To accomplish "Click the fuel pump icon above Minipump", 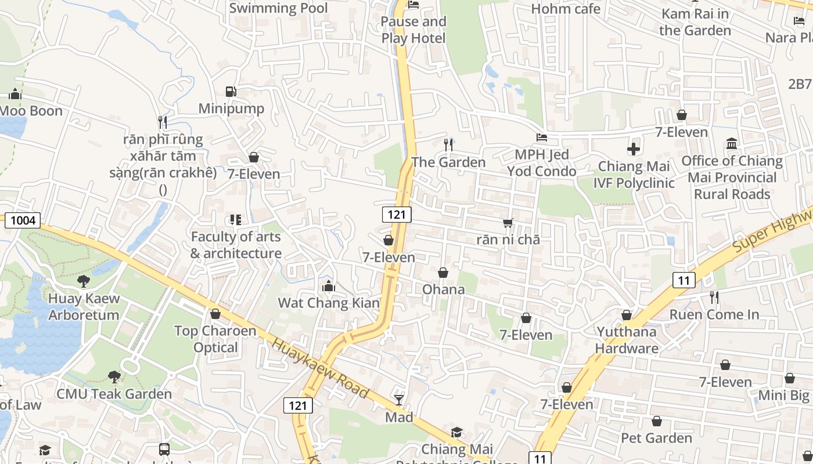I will (x=231, y=92).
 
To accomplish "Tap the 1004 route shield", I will (x=23, y=220).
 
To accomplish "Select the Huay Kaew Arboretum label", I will (x=84, y=307).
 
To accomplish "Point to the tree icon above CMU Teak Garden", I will (x=114, y=377).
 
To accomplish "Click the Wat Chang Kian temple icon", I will (x=328, y=286).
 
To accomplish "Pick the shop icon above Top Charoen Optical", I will (x=215, y=314).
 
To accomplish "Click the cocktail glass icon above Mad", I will (x=399, y=400).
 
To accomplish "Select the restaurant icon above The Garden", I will (x=448, y=144).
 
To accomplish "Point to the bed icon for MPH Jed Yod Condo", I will (x=541, y=137).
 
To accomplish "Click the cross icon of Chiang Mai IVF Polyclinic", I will (x=634, y=149).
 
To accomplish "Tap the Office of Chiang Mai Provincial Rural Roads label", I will (x=732, y=177).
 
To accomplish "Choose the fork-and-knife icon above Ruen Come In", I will (x=714, y=298).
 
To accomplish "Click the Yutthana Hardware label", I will (x=627, y=340).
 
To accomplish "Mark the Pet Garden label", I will (x=656, y=437).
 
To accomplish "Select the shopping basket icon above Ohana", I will (x=443, y=273).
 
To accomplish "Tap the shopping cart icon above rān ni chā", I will (x=508, y=223).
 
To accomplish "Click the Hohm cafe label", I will (x=566, y=9).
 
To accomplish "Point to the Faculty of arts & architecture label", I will (x=236, y=245).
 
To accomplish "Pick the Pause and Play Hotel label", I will (x=413, y=30).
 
